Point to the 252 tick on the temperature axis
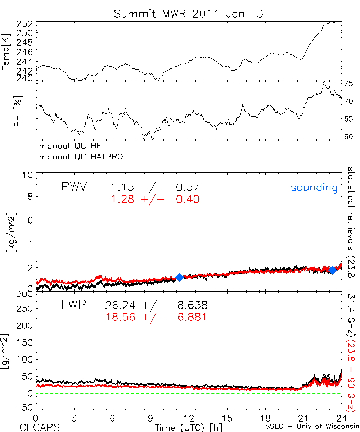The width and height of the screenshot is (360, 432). [25, 24]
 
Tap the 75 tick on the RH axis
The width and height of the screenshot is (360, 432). [348, 84]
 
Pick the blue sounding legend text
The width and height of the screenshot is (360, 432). [314, 188]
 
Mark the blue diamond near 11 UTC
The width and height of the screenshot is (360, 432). [179, 277]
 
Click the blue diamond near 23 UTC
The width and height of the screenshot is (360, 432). [332, 270]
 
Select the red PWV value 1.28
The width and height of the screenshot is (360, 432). [121, 199]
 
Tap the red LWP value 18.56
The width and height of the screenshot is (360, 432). [120, 317]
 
